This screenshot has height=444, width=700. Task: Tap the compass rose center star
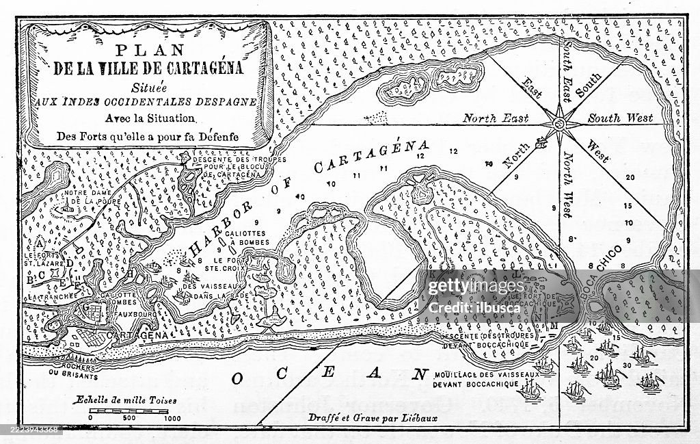[559, 124]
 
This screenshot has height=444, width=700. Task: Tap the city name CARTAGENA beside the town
[137, 336]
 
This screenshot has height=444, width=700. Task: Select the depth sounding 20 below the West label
[630, 177]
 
